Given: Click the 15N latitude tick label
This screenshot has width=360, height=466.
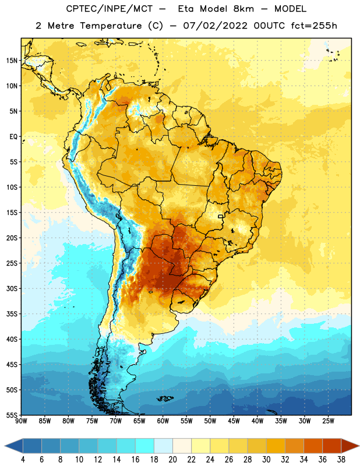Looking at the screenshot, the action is (x=12, y=61).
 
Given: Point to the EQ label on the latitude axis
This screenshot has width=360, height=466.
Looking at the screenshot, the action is (x=13, y=137).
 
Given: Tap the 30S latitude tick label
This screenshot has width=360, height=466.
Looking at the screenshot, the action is (x=12, y=288).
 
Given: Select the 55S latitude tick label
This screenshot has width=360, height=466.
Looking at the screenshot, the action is (x=12, y=415).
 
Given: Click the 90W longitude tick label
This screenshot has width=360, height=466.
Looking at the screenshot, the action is (x=21, y=421).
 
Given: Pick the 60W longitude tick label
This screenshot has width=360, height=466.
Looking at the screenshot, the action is (x=163, y=421).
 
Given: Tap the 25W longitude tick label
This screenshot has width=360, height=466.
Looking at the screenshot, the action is (x=328, y=421).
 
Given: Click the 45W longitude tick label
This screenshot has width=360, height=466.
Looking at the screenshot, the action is (x=234, y=421).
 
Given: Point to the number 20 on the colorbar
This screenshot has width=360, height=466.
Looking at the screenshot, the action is (x=172, y=460).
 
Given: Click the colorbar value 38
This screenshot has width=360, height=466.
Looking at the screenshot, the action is (x=341, y=460).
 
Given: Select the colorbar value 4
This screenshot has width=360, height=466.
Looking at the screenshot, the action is (x=23, y=460).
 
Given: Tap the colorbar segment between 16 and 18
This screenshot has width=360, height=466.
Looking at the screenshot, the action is (x=145, y=446).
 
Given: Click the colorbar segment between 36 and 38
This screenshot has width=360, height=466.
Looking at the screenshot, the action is (x=332, y=446).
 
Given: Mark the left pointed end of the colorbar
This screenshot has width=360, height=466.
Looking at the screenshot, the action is (x=5, y=446).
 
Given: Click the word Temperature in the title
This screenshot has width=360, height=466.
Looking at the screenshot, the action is (x=111, y=26).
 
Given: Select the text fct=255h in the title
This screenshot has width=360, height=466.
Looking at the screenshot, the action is (x=314, y=26).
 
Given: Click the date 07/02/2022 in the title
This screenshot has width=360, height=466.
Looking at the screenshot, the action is (x=215, y=26).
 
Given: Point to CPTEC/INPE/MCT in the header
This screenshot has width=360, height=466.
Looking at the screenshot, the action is (x=110, y=9).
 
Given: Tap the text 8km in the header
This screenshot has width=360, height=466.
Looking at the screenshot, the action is (x=243, y=9).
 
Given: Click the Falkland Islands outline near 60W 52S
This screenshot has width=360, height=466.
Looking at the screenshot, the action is (x=165, y=398).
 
